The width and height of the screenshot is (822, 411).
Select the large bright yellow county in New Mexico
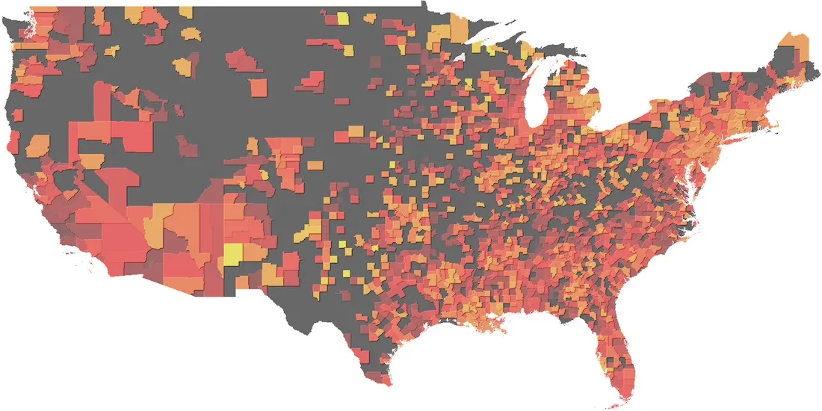234,253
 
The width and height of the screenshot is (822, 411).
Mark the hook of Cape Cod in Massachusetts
785,120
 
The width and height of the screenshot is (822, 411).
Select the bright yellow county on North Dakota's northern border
342,19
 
